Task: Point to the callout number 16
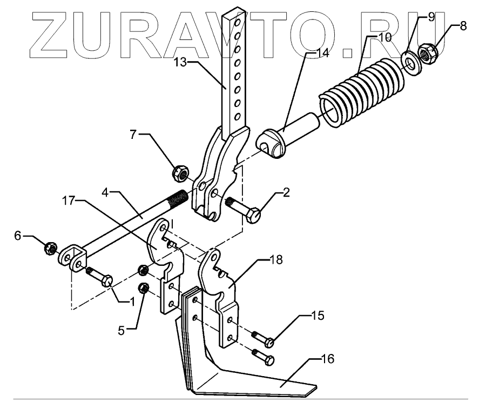click(328, 358)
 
